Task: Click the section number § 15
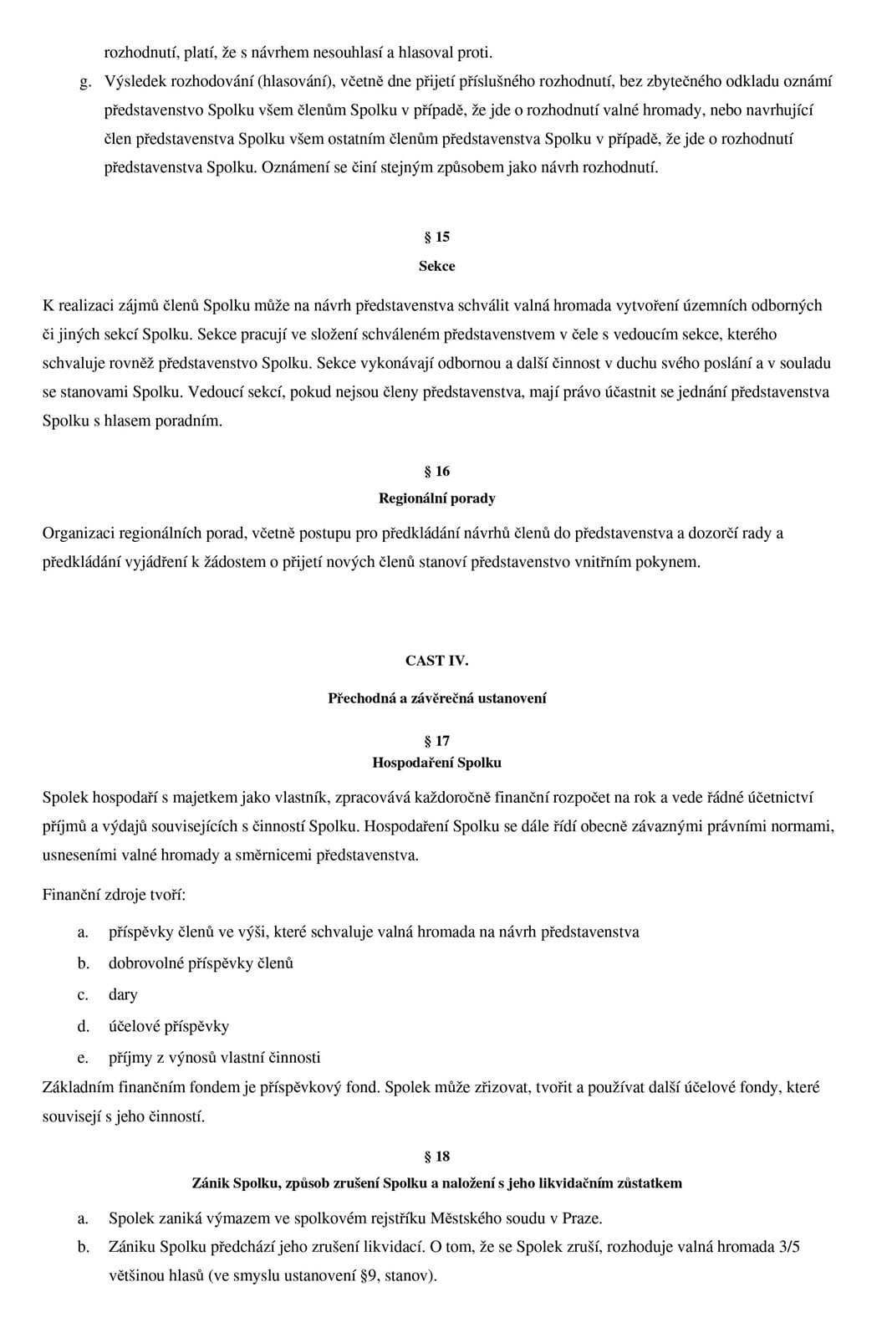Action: tap(436, 237)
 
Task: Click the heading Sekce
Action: tap(436, 266)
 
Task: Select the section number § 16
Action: tap(436, 472)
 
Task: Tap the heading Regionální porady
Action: tap(436, 498)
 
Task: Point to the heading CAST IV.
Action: tap(436, 661)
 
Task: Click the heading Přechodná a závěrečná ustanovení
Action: tap(436, 698)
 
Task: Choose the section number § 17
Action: tap(436, 741)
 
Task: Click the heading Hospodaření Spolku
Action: tap(436, 763)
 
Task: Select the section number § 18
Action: tap(436, 1157)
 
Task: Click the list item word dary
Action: tap(123, 995)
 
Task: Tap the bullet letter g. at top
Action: tap(84, 82)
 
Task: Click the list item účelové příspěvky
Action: tap(168, 1026)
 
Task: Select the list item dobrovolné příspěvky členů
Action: tap(201, 963)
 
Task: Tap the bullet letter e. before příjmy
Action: tap(83, 1058)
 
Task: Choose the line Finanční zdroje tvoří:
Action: tap(114, 895)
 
